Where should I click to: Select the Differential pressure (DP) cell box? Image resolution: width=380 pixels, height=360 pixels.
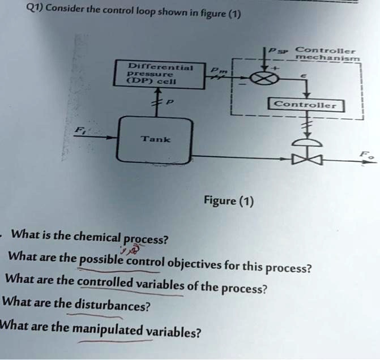[x=160, y=75]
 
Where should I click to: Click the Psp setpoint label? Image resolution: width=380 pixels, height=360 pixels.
[x=279, y=51]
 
